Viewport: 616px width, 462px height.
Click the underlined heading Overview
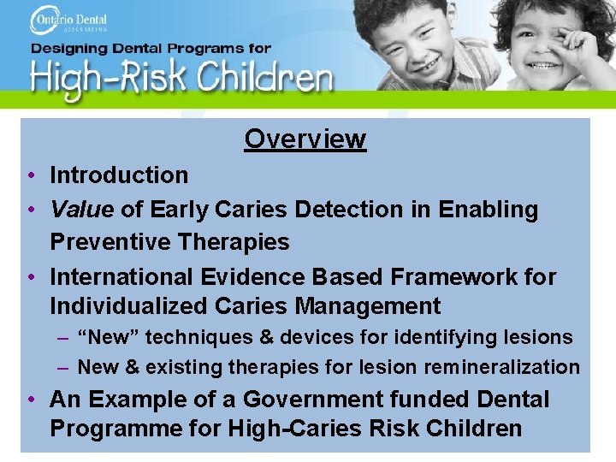305,139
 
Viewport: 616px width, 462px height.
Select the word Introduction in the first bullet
119,175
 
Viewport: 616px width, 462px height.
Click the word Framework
443,277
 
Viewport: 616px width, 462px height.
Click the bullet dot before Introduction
30,175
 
